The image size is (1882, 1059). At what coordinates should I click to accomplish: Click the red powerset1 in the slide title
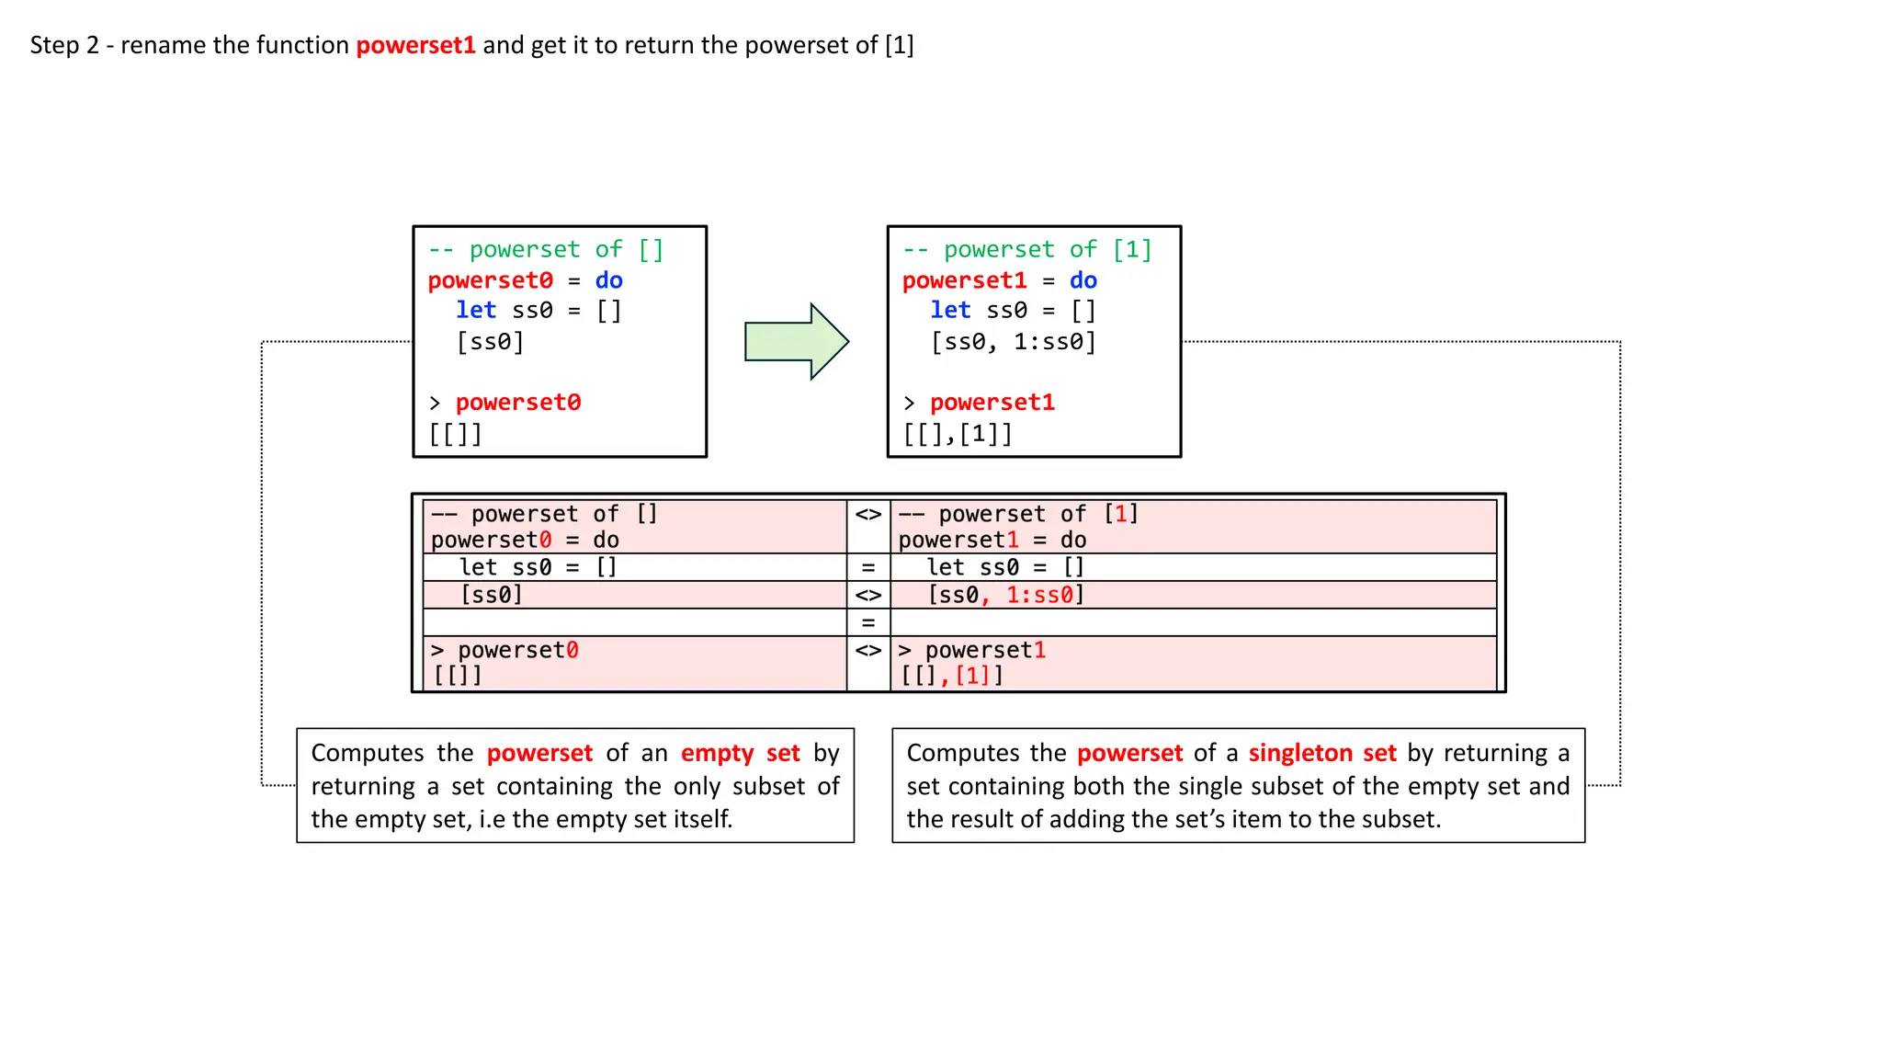click(x=415, y=45)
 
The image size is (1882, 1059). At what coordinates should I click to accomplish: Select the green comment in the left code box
click(x=545, y=249)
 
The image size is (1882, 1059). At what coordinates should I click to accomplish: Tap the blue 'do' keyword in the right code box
click(x=1083, y=280)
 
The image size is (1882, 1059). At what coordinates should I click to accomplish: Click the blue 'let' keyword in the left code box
click(x=476, y=311)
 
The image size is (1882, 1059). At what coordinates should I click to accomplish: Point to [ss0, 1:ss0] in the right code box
click(x=1013, y=342)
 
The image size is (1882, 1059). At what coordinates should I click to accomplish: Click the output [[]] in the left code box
click(x=455, y=434)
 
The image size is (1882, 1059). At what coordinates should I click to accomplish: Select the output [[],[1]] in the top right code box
click(x=957, y=434)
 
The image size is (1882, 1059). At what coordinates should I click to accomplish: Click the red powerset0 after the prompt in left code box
click(x=518, y=403)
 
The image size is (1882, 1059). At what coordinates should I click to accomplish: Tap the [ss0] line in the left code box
click(x=490, y=342)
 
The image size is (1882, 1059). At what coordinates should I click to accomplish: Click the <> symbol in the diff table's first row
click(x=867, y=514)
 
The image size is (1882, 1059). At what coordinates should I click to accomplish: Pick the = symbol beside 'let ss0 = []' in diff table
click(x=867, y=567)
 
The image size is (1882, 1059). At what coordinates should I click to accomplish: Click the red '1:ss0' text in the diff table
click(x=1039, y=595)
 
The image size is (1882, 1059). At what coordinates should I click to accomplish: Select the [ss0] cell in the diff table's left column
click(x=492, y=595)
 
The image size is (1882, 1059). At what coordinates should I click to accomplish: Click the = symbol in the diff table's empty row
click(x=867, y=622)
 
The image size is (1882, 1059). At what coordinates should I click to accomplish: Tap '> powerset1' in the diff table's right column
click(x=972, y=650)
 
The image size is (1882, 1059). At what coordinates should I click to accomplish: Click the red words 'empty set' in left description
click(x=740, y=753)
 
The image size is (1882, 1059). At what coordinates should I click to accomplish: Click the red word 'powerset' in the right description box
click(x=1129, y=753)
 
